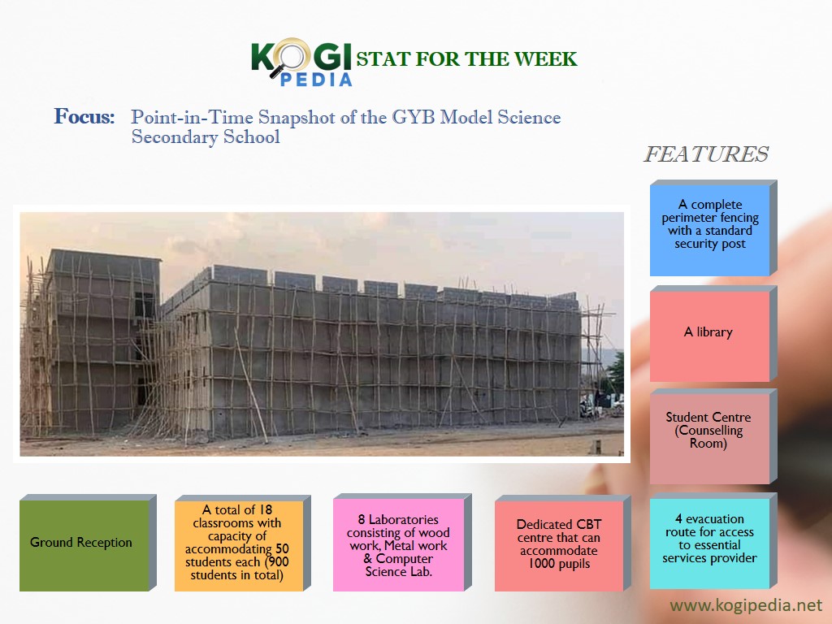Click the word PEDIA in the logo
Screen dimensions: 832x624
pyautogui.click(x=316, y=80)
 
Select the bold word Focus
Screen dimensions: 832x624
pyautogui.click(x=84, y=116)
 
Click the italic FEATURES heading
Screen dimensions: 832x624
pyautogui.click(x=706, y=154)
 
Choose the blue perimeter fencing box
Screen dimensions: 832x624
pyautogui.click(x=713, y=228)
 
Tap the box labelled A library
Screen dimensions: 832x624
pyautogui.click(x=713, y=334)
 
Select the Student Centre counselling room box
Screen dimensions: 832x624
pyautogui.click(x=713, y=436)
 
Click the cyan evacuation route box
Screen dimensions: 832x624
pyautogui.click(x=713, y=540)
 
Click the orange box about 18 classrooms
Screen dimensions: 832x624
pyautogui.click(x=242, y=543)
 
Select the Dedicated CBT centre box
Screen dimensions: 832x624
pyautogui.click(x=562, y=543)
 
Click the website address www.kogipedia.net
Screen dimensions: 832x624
pyautogui.click(x=746, y=605)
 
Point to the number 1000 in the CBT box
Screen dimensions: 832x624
pyautogui.click(x=541, y=564)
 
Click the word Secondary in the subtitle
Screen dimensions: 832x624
pyautogui.click(x=175, y=136)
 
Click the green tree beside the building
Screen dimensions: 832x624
pyautogui.click(x=616, y=372)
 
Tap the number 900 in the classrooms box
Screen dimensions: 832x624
pyautogui.click(x=279, y=562)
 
